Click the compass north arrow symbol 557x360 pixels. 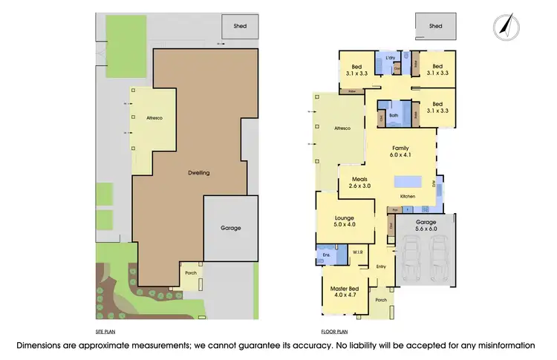(505, 27)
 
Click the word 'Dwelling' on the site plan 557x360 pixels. (198, 172)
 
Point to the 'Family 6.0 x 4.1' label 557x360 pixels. (400, 152)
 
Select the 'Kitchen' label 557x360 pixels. (408, 196)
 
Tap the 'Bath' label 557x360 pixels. (394, 115)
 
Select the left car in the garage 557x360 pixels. (414, 260)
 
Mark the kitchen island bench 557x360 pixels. (406, 181)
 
